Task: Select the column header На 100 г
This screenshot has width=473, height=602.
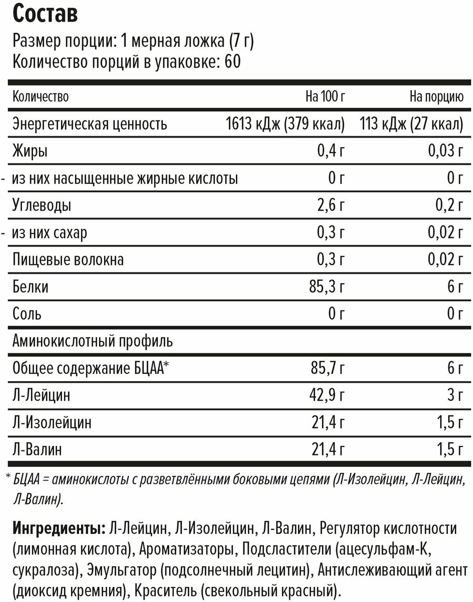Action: pyautogui.click(x=325, y=97)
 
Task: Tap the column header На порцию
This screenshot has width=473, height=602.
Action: pyautogui.click(x=436, y=97)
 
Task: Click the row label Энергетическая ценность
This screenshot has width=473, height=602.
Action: pyautogui.click(x=90, y=124)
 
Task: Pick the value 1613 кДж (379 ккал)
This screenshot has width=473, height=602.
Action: pyautogui.click(x=285, y=124)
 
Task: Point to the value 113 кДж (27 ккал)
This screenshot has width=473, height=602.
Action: pyautogui.click(x=411, y=124)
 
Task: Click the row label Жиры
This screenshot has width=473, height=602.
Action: pyautogui.click(x=30, y=151)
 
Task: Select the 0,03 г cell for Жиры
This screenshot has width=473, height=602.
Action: pyautogui.click(x=445, y=151)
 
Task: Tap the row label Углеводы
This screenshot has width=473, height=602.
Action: pyautogui.click(x=42, y=206)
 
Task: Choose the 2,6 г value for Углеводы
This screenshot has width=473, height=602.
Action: pyautogui.click(x=330, y=206)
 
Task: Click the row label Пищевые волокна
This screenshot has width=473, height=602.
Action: pyautogui.click(x=68, y=260)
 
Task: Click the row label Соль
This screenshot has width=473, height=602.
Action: pyautogui.click(x=27, y=314)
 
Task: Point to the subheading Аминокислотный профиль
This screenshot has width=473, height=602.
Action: pyautogui.click(x=93, y=341)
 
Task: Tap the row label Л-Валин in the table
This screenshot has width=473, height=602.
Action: pyautogui.click(x=37, y=450)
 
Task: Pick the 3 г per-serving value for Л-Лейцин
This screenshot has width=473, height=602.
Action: pyautogui.click(x=455, y=395)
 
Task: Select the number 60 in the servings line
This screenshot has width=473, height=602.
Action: pyautogui.click(x=231, y=62)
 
